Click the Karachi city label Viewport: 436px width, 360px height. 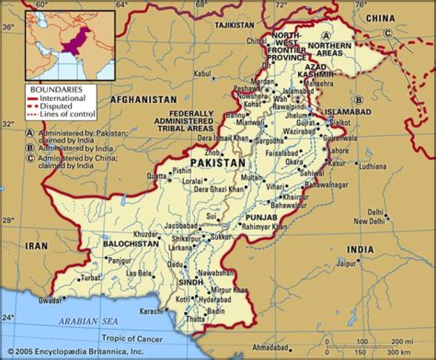point(151,311)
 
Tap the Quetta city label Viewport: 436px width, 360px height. point(156,176)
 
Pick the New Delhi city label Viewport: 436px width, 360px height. point(369,221)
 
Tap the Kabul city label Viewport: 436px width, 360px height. point(202,73)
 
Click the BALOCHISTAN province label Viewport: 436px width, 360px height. point(130,244)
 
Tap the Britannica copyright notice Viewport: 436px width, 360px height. point(76,351)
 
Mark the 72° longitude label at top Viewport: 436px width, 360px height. point(281,5)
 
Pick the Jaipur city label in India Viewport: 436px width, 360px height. point(346,264)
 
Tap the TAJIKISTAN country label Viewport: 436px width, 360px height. point(234,25)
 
